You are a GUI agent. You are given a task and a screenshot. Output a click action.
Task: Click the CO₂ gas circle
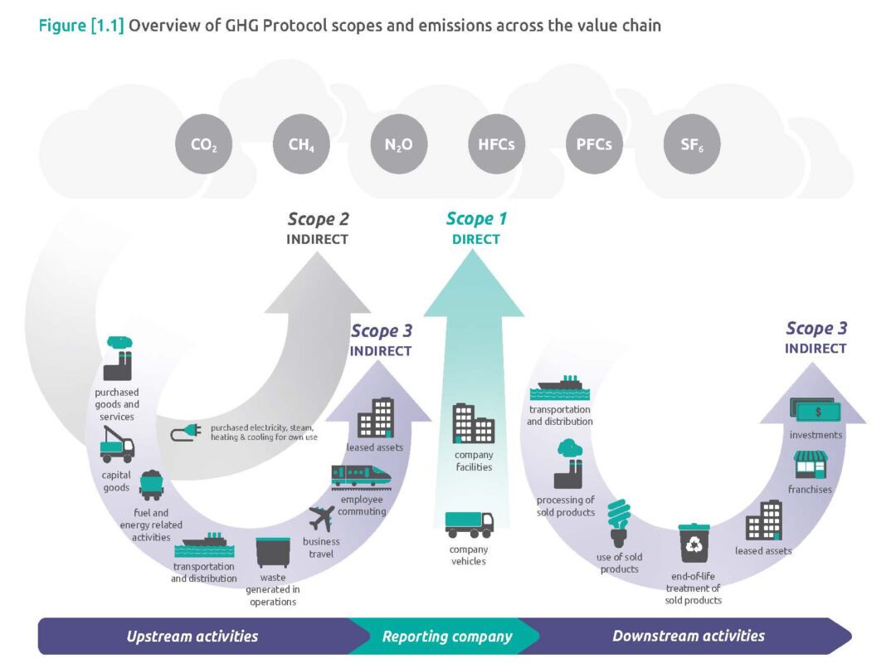pyautogui.click(x=203, y=144)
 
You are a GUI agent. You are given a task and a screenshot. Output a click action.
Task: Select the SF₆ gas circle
pyautogui.click(x=692, y=144)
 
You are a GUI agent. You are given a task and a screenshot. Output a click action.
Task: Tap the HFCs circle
pyautogui.click(x=496, y=144)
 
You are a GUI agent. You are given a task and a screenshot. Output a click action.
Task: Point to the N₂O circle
pyautogui.click(x=398, y=144)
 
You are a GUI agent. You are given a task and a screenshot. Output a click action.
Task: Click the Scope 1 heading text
pyautogui.click(x=476, y=219)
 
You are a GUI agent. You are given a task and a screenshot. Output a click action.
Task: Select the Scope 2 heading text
pyautogui.click(x=318, y=219)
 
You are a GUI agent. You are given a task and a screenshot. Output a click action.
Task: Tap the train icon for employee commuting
pyautogui.click(x=362, y=476)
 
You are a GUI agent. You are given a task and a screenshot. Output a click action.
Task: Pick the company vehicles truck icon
pyautogui.click(x=469, y=524)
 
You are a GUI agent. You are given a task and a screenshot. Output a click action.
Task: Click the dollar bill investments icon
pyautogui.click(x=816, y=410)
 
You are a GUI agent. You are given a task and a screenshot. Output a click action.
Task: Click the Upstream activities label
pyautogui.click(x=192, y=637)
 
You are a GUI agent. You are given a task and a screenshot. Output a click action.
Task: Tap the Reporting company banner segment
pyautogui.click(x=446, y=637)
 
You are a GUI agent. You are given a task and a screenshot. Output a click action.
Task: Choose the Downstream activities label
pyautogui.click(x=688, y=637)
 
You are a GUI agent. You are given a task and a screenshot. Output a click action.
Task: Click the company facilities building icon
pyautogui.click(x=473, y=423)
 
